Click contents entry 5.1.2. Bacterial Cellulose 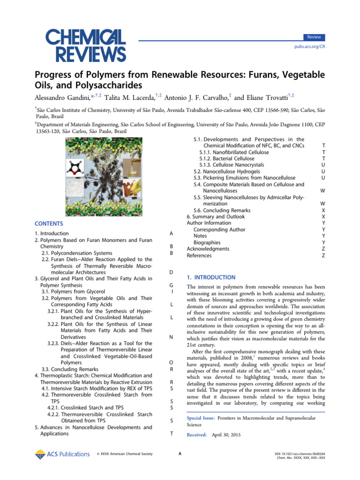[227, 159]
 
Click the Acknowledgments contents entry [208, 249]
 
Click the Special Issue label [201, 418]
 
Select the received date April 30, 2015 [226, 435]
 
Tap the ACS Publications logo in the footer [62, 454]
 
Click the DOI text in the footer [300, 454]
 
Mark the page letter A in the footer [180, 454]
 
